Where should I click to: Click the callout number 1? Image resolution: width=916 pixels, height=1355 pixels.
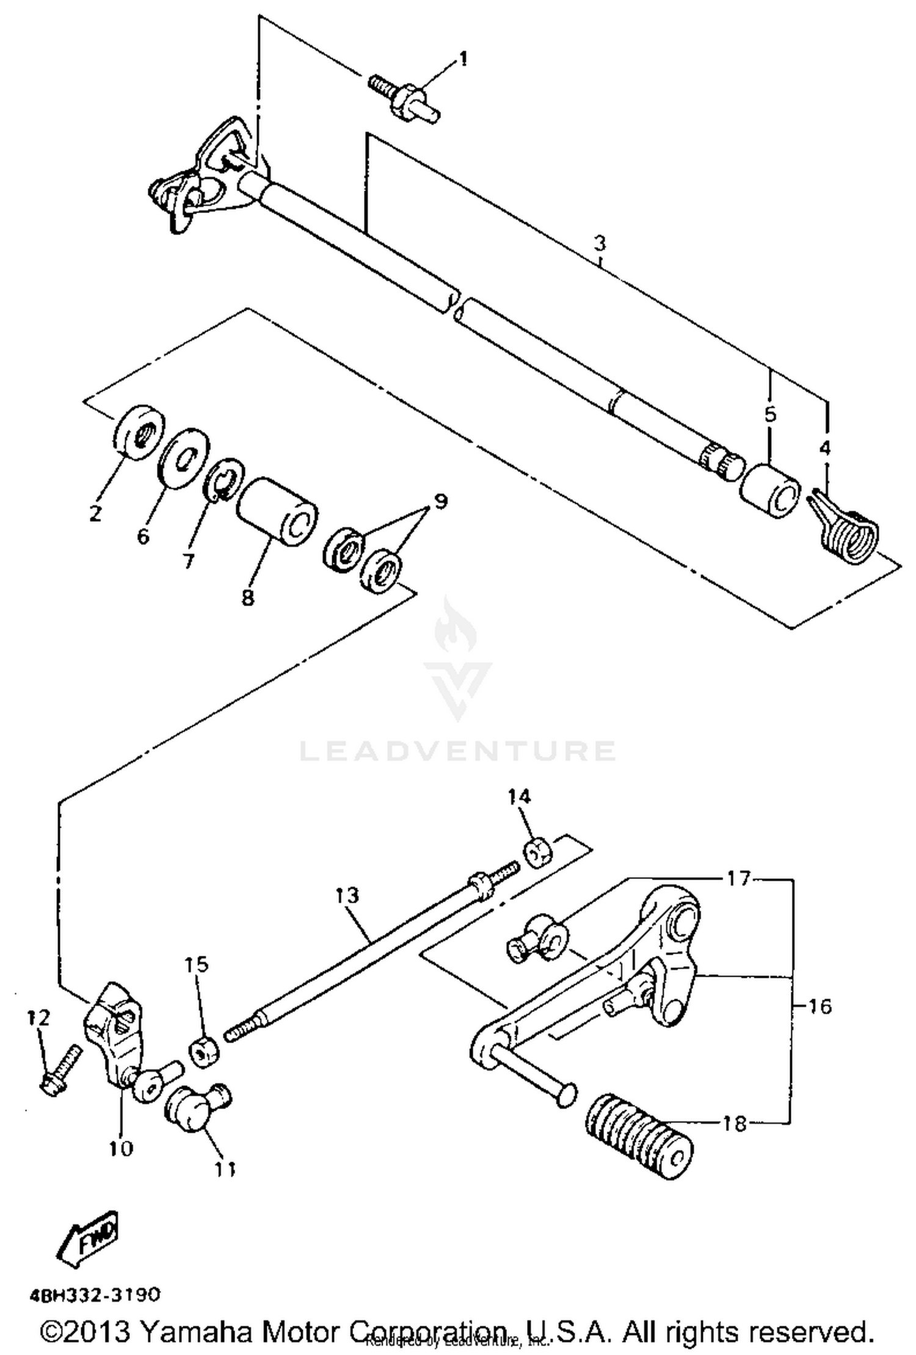pyautogui.click(x=463, y=59)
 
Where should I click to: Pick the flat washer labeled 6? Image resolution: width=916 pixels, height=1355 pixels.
pyautogui.click(x=184, y=458)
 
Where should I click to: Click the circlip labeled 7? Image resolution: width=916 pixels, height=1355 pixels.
pyautogui.click(x=224, y=479)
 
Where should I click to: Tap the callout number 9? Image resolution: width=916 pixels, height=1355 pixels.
pyautogui.click(x=441, y=502)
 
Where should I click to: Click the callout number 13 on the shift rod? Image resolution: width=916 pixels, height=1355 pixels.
pyautogui.click(x=347, y=896)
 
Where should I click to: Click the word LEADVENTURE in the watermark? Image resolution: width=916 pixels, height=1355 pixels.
pyautogui.click(x=457, y=751)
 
